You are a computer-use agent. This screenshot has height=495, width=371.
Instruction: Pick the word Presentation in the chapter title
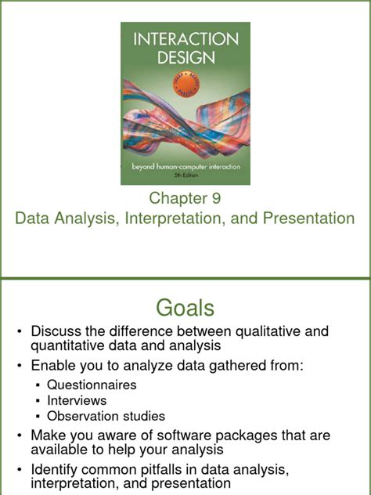click(x=304, y=218)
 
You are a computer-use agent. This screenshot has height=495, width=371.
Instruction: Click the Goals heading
click(x=185, y=305)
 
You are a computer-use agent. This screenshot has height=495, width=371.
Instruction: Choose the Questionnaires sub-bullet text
click(x=92, y=385)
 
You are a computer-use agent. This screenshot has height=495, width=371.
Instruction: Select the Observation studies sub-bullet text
click(x=106, y=416)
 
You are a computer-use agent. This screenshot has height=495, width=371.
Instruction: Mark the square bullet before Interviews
click(x=39, y=401)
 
